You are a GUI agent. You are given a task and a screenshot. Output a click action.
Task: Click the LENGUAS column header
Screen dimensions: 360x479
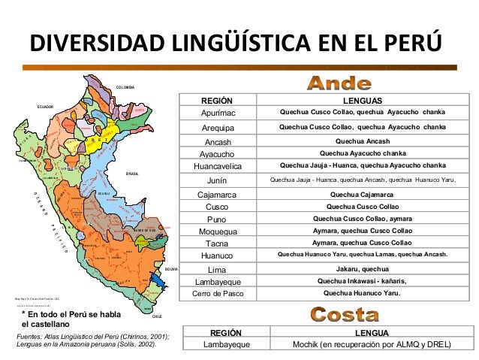(362, 101)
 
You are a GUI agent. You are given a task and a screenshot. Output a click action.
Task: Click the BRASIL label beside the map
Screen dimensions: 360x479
(133, 173)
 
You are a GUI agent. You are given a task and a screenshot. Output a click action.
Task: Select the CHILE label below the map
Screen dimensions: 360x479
(156, 318)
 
